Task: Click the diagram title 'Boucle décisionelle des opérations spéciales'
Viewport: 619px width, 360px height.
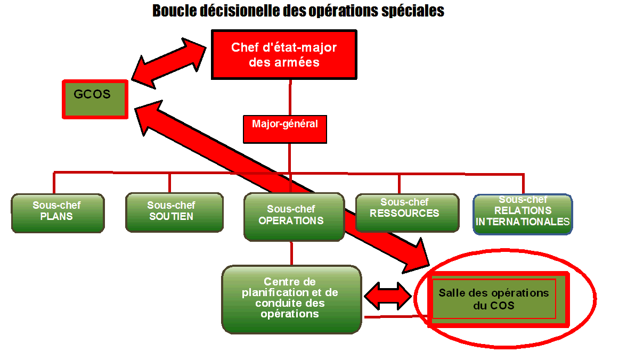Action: click(x=298, y=11)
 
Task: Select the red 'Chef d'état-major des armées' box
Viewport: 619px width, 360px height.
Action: click(x=284, y=54)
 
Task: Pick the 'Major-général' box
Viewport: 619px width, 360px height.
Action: click(x=284, y=129)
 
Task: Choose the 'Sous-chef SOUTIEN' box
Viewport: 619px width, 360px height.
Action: click(x=174, y=211)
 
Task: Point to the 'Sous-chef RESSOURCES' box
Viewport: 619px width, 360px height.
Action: click(x=407, y=212)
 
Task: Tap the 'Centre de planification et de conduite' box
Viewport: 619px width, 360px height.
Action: click(x=291, y=299)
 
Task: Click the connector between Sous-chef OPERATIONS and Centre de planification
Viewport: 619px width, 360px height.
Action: click(x=291, y=253)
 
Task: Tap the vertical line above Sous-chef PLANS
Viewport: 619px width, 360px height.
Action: click(x=54, y=183)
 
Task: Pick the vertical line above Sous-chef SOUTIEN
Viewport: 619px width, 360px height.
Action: click(x=169, y=183)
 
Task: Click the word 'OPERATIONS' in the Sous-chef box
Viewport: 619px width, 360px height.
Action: click(x=291, y=220)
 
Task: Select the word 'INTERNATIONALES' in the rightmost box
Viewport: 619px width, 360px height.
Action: click(x=523, y=222)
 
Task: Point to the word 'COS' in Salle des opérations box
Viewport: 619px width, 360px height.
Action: click(x=504, y=306)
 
